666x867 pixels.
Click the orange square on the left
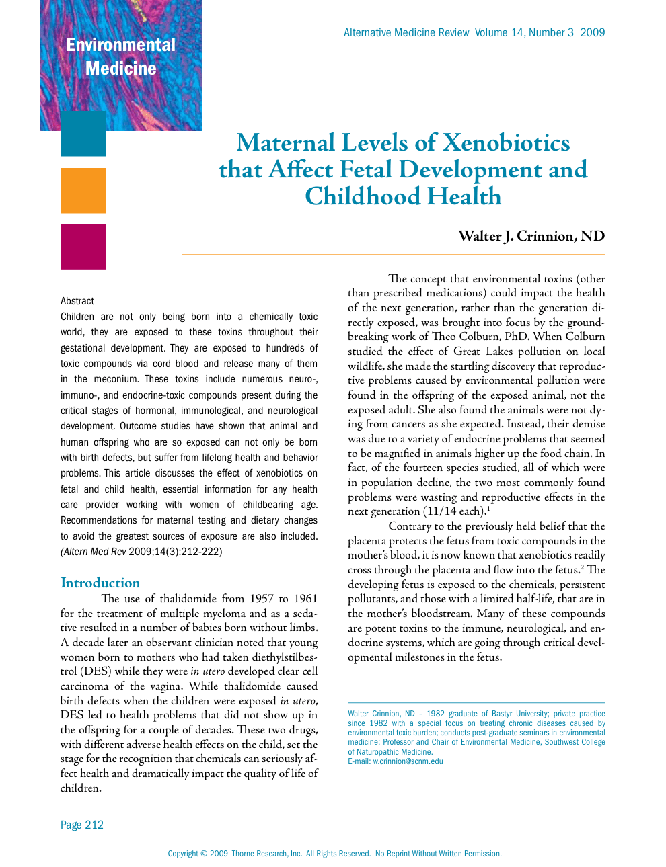pos(83,190)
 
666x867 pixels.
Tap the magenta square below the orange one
pos(83,247)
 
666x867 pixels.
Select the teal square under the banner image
pos(83,134)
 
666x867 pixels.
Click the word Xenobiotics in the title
pos(506,142)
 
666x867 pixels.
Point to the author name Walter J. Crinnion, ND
pos(531,236)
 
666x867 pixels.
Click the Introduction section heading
pos(100,583)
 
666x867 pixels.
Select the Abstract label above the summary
pos(77,301)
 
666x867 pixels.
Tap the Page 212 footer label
pos(82,825)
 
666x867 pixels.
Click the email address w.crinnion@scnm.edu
pos(408,761)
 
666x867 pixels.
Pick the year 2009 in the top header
pos(592,32)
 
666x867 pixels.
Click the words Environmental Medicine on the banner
pos(121,56)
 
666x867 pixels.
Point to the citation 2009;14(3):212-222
pos(176,552)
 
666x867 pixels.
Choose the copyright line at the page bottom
pos(334,854)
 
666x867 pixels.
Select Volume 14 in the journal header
pos(499,32)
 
